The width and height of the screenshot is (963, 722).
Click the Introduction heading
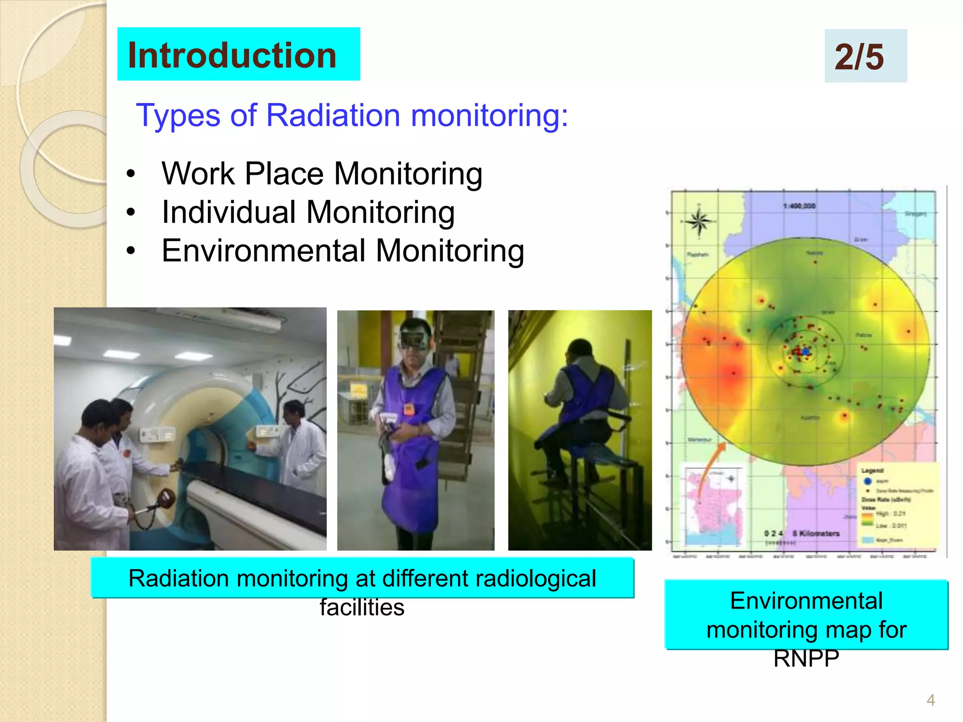[232, 55]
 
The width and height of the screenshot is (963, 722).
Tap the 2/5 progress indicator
[859, 57]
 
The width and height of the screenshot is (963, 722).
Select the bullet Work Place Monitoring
[322, 173]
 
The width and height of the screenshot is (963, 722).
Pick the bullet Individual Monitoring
[308, 212]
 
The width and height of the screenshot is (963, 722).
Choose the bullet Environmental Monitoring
[342, 251]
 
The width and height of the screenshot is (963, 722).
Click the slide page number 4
[931, 700]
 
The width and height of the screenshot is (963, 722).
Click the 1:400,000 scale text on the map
[799, 206]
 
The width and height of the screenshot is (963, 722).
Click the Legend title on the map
[872, 471]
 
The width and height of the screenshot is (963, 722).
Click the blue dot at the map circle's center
[806, 351]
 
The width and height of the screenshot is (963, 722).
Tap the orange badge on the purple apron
[408, 410]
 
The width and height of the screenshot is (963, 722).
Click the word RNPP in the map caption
[806, 659]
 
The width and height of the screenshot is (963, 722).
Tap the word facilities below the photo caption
[362, 607]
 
